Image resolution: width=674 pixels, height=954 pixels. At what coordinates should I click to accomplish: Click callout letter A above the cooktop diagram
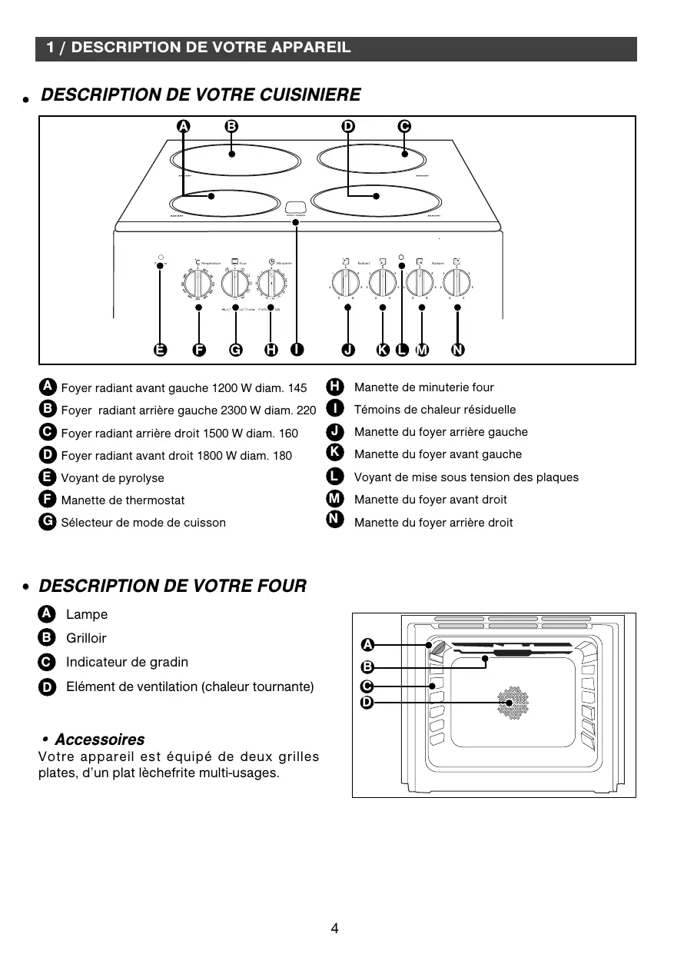tap(184, 127)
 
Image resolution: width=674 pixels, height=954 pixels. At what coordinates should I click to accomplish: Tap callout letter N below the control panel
tap(458, 351)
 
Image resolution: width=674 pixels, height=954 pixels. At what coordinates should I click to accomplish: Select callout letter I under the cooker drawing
tap(297, 351)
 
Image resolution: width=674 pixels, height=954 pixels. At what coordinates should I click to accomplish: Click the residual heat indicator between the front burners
tap(296, 208)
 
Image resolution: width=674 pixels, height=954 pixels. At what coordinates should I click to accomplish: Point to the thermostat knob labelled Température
tap(198, 284)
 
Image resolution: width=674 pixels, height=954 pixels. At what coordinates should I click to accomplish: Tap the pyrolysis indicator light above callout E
tap(160, 257)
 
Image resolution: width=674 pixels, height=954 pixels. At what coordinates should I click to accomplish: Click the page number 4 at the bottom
tap(335, 928)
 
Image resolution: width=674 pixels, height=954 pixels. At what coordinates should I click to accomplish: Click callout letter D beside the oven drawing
tap(367, 703)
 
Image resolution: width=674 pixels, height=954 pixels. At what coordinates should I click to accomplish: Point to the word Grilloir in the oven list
tap(86, 638)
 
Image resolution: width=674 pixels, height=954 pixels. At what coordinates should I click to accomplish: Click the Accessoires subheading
tap(99, 740)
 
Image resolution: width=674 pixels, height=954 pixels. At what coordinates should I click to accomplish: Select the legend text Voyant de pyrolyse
tap(112, 478)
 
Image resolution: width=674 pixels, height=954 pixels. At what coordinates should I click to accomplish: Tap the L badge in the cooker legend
tap(334, 477)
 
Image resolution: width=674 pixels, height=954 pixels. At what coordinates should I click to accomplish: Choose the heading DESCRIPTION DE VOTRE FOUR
tap(172, 587)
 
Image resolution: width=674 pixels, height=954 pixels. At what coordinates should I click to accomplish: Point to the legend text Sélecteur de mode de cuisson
tap(143, 523)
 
